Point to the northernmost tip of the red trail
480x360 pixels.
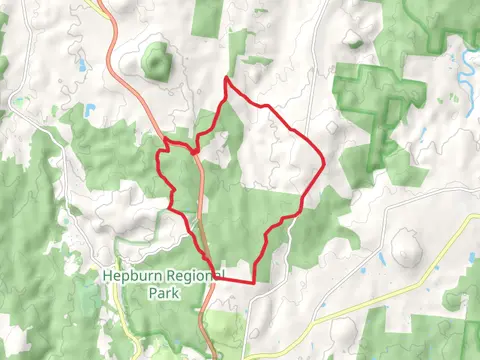point(228,78)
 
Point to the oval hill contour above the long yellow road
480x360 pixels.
point(405,248)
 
